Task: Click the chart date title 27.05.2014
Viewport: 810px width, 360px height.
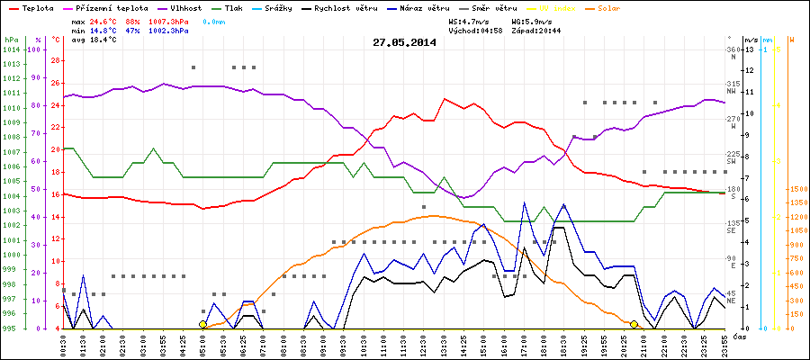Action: tap(404, 41)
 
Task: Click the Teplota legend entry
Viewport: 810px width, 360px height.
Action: tap(31, 7)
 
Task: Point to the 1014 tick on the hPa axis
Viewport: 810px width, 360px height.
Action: tap(11, 50)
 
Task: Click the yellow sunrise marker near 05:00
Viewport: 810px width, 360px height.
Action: tap(203, 324)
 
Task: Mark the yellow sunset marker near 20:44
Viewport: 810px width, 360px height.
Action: tap(634, 324)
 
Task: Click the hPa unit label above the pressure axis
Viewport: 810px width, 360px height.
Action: tap(11, 40)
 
